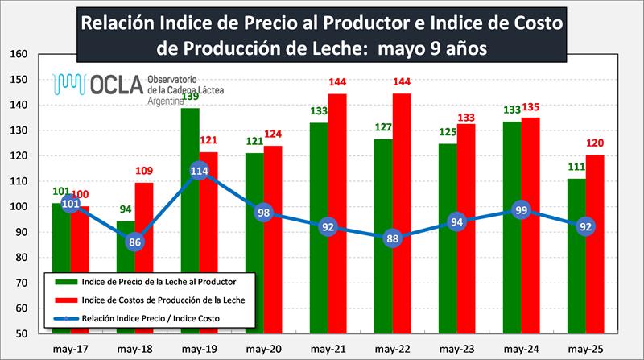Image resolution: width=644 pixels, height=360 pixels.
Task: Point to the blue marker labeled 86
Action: click(x=134, y=242)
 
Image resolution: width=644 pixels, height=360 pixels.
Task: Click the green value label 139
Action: click(x=190, y=97)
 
